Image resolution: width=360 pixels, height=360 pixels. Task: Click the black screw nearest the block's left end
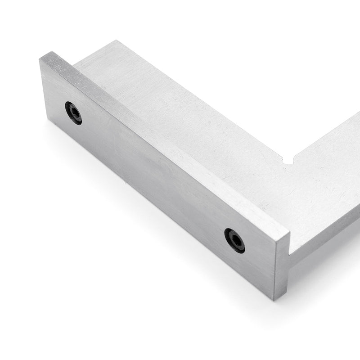coord(73,112)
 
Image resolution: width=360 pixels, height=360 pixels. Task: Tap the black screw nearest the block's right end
coord(234,240)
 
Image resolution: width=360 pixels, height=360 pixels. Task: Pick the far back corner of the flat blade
coord(115,41)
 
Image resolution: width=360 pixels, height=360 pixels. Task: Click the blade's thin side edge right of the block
coord(324,238)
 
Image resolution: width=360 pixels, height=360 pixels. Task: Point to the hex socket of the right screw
coord(234,240)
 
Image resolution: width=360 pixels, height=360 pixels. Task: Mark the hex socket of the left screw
coord(73,112)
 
